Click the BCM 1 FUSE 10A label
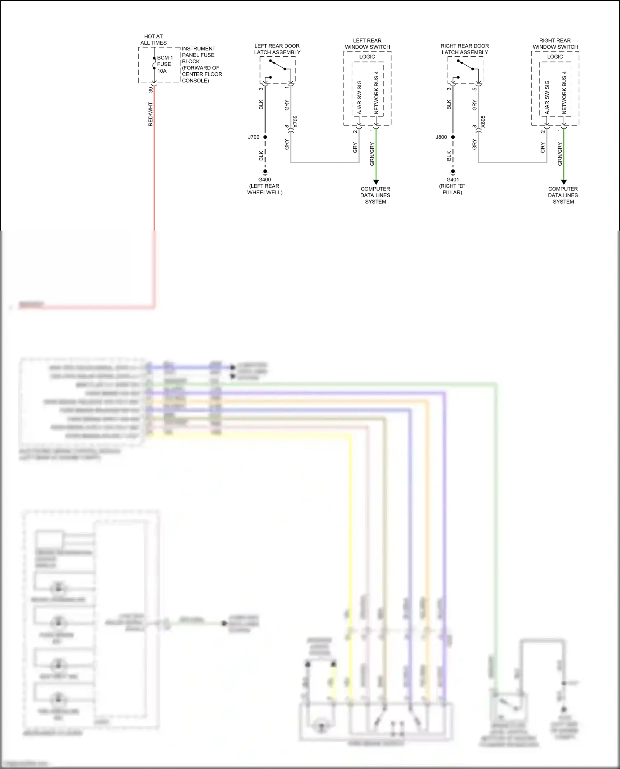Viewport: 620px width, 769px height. coord(165,64)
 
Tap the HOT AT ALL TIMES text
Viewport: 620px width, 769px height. coord(153,40)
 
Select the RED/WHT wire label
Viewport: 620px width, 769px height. coord(150,114)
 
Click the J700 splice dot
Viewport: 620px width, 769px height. coord(265,137)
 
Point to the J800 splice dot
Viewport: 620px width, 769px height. coord(453,137)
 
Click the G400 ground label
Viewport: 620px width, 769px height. coord(265,180)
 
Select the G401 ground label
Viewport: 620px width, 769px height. coord(453,180)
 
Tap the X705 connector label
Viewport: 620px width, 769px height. coord(295,121)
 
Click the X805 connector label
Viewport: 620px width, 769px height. coord(483,121)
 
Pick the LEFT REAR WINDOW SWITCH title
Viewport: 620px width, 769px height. coord(367,44)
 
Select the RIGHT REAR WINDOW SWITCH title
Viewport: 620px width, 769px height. coord(555,44)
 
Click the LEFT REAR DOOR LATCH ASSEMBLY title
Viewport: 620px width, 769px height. coord(277,49)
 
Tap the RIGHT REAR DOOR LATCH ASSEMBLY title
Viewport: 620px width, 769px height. coord(465,49)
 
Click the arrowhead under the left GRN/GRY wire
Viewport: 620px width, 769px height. coord(376,182)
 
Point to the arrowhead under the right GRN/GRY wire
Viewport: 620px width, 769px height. coord(564,182)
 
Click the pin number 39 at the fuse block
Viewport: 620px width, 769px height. coord(151,89)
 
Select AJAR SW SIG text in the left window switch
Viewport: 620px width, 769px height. coord(359,98)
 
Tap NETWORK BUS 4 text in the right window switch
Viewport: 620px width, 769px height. coord(564,93)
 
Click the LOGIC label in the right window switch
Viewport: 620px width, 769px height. coord(555,57)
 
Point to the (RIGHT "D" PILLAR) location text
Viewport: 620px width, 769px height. coord(452,189)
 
